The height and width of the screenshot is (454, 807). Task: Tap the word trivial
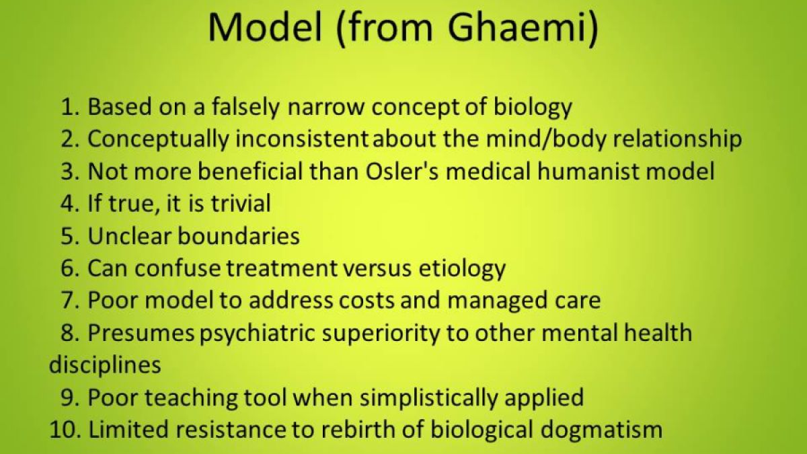(x=233, y=204)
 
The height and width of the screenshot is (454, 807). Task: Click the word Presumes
(x=141, y=333)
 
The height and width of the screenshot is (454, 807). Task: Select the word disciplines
(x=105, y=365)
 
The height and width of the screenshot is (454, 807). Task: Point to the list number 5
(x=69, y=236)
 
